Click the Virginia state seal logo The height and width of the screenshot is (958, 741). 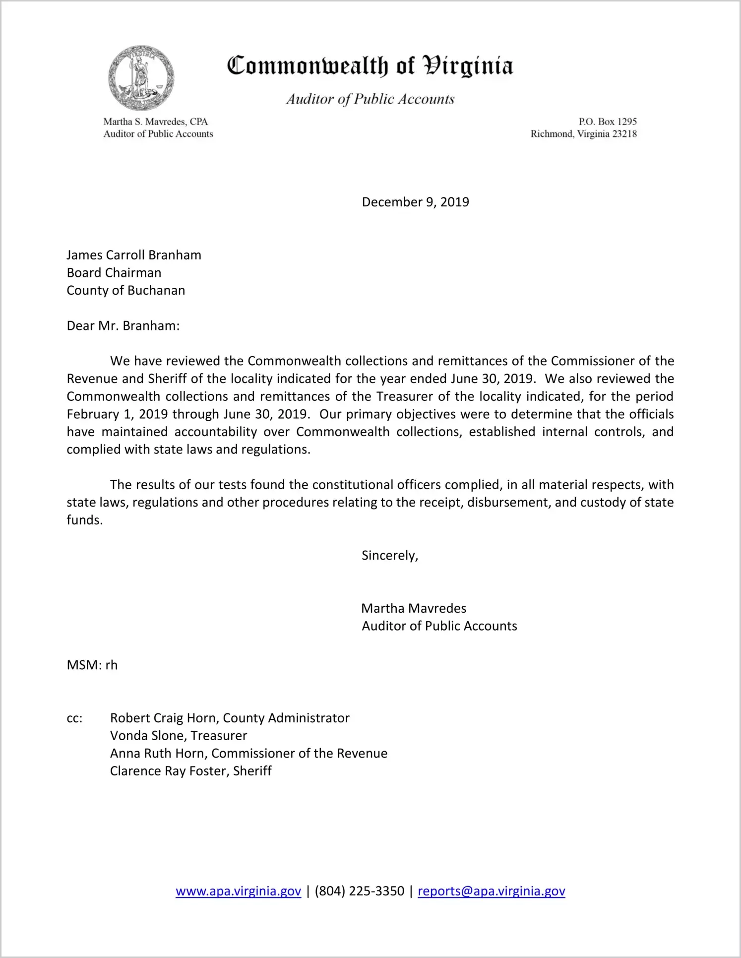pos(141,78)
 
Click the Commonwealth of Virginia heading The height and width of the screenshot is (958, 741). pos(370,66)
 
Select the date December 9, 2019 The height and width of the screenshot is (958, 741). pos(415,202)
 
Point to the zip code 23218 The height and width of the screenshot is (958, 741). pos(624,134)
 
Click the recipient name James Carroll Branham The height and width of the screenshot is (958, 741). pos(134,255)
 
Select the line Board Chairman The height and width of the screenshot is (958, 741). pos(114,273)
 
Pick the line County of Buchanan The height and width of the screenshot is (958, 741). pos(126,290)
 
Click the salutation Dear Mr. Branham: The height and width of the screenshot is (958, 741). pos(123,326)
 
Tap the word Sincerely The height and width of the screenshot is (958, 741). pos(389,555)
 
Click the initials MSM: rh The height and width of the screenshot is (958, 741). pos(92,665)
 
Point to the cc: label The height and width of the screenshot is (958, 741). pos(74,718)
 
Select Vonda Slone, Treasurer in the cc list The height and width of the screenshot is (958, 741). pos(179,736)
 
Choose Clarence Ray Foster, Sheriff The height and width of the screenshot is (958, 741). pos(191,771)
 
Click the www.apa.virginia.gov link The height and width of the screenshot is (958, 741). pos(238,891)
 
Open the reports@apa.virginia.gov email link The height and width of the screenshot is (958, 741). pos(491,891)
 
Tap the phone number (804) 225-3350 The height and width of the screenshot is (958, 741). pos(359,891)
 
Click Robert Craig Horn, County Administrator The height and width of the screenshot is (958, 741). pos(230,718)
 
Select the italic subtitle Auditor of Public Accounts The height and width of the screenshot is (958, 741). pos(370,99)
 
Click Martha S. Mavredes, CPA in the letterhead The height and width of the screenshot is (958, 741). pos(155,122)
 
